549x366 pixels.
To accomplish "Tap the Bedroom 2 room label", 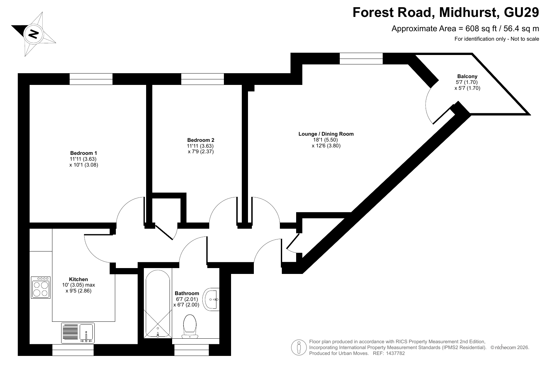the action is tap(201, 140).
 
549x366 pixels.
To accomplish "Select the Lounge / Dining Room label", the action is tap(326, 134).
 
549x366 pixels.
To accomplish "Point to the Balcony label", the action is tap(467, 76).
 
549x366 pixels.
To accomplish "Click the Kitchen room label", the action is tap(78, 279).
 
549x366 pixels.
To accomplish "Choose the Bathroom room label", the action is tap(187, 293).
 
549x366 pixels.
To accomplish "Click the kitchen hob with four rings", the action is tap(41, 287).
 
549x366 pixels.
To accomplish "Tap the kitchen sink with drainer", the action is tap(78, 333).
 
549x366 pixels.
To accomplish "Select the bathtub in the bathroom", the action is tap(158, 304).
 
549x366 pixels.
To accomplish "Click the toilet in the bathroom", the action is tap(190, 326).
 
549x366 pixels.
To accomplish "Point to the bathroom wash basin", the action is tap(211, 299).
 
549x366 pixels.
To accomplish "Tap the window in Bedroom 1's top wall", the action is tap(91, 79).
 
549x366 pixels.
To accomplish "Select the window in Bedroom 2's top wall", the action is tap(202, 79).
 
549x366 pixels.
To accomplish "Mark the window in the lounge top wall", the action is tap(361, 59).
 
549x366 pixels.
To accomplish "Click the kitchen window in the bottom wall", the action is tap(73, 350).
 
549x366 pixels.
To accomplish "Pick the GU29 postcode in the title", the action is tap(521, 12).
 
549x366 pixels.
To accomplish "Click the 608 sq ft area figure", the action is tap(481, 29).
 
